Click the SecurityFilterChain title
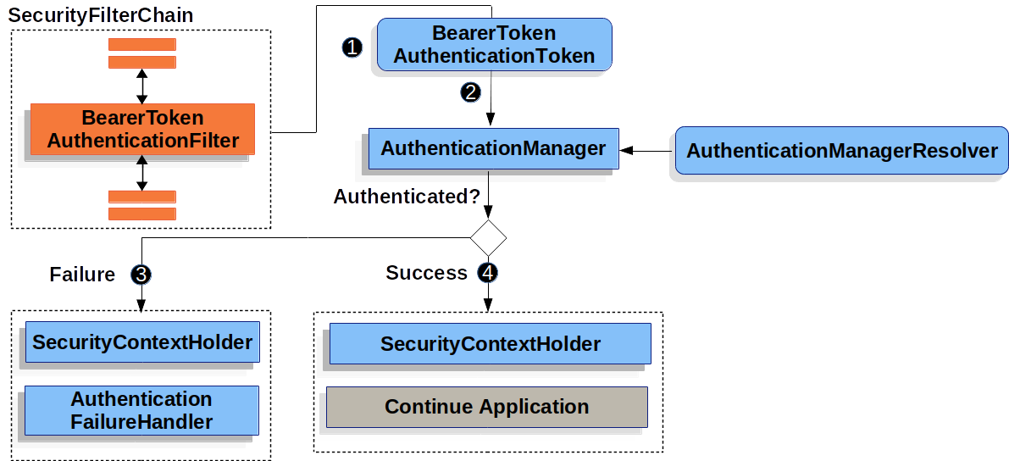tap(101, 15)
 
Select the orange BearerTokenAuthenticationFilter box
tap(142, 130)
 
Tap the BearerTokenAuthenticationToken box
tap(494, 45)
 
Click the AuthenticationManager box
tap(493, 149)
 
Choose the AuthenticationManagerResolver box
tap(841, 151)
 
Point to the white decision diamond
tap(488, 238)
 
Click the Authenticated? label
tap(407, 197)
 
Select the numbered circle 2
tap(470, 92)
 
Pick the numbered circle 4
tap(488, 273)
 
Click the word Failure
tap(82, 275)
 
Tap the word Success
tap(426, 273)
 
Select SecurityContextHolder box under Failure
tap(142, 342)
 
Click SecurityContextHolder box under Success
tap(490, 344)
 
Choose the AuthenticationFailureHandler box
tap(141, 410)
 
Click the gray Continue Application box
tap(487, 407)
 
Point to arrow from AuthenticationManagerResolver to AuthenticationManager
tap(646, 151)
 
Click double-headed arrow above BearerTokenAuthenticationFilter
tap(142, 86)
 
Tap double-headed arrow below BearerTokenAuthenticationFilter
tap(142, 173)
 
